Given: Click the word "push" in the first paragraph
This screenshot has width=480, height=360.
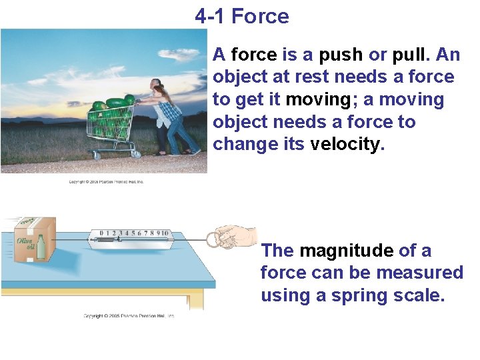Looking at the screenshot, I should (341, 55).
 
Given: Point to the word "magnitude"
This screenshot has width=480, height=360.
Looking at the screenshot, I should (346, 251).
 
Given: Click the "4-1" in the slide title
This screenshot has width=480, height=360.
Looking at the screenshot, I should (211, 16).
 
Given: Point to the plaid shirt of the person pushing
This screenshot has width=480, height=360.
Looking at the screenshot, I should (168, 110).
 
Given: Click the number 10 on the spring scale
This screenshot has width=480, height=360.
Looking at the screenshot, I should (163, 233).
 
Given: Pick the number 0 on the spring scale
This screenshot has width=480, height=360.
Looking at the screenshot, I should (102, 233).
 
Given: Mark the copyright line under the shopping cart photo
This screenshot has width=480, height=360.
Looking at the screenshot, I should (107, 181).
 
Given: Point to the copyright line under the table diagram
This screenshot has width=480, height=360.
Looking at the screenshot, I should (129, 315).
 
